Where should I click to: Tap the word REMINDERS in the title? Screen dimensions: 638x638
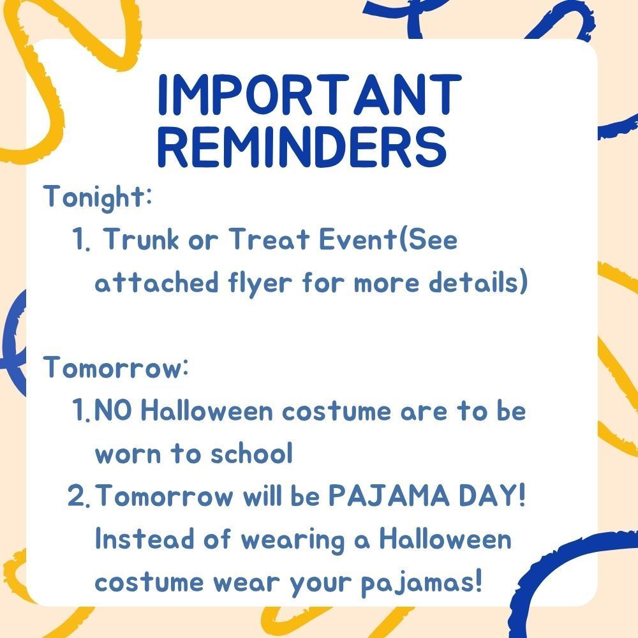point(301,145)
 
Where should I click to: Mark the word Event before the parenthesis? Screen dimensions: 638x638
point(354,240)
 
